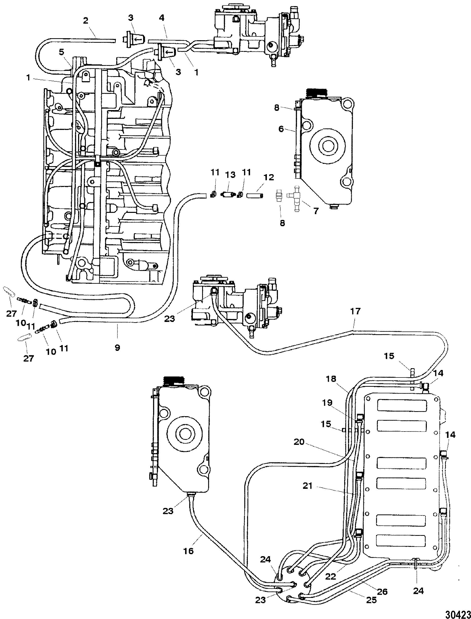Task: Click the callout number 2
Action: pyautogui.click(x=86, y=21)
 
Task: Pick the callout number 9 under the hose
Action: pyautogui.click(x=117, y=348)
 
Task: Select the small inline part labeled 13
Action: pyautogui.click(x=228, y=194)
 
